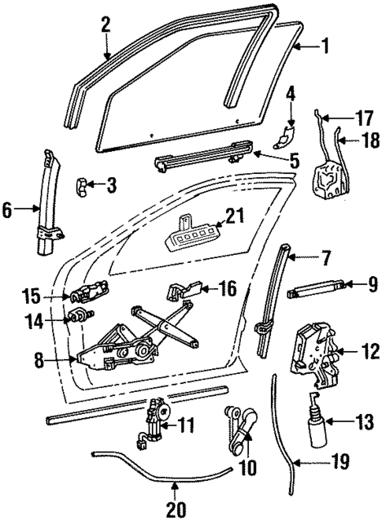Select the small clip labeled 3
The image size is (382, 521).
83,186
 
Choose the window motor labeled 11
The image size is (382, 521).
155,424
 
